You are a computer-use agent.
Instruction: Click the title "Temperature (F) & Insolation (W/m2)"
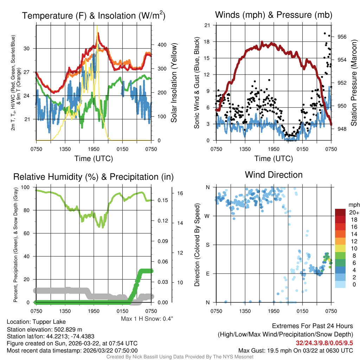point(94,15)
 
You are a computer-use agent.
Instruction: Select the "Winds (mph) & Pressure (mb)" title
point(274,15)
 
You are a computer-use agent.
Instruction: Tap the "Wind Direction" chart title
point(274,175)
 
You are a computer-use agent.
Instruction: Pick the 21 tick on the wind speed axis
point(207,25)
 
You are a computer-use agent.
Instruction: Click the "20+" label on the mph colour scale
point(353,212)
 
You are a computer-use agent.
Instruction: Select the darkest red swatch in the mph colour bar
point(341,212)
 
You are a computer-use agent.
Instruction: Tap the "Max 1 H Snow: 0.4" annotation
point(147,319)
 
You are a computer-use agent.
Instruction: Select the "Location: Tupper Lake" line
point(36,322)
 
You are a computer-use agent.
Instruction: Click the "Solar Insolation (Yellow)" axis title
point(174,83)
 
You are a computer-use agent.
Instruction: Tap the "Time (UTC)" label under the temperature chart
point(94,159)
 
